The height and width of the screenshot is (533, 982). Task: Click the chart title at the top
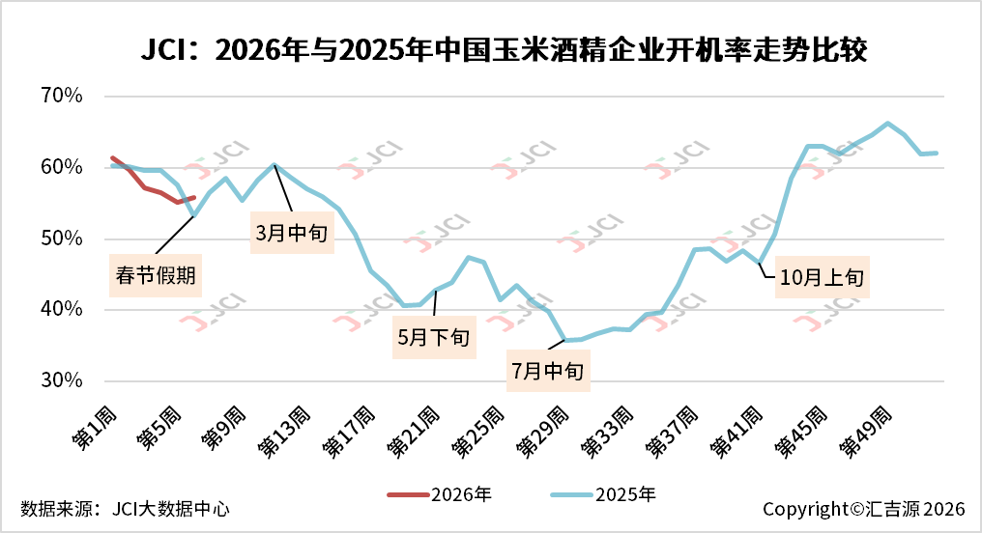[x=491, y=49]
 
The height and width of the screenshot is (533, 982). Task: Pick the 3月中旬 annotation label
[x=292, y=235]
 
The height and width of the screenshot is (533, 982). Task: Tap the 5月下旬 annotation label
[x=434, y=338]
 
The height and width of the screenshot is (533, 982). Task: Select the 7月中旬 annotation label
[x=548, y=372]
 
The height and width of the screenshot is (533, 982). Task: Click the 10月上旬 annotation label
[x=821, y=278]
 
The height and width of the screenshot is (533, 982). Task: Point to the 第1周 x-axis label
[x=95, y=430]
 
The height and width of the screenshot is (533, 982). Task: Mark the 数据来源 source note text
[x=125, y=508]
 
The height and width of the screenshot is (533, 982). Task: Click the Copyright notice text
[x=864, y=508]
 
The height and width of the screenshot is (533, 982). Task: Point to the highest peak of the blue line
[x=888, y=123]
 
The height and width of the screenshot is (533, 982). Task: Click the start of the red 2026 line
[x=113, y=157]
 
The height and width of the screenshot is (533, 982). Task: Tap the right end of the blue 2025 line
[x=937, y=153]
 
